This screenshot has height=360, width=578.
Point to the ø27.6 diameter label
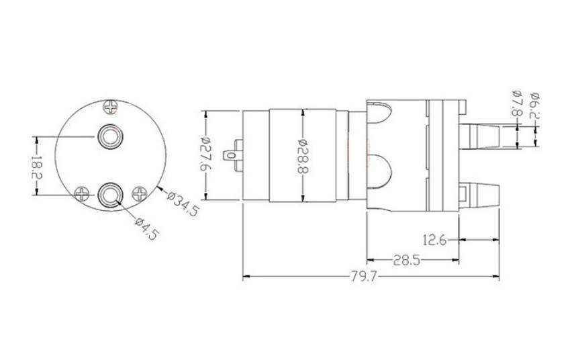coord(205,155)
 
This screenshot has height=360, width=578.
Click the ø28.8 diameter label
coord(302,156)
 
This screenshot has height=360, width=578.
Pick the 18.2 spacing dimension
coord(37,167)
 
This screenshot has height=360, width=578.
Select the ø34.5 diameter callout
coord(183,204)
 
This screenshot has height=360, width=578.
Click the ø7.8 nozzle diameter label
coord(517,103)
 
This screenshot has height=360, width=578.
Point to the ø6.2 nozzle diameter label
coord(534,104)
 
